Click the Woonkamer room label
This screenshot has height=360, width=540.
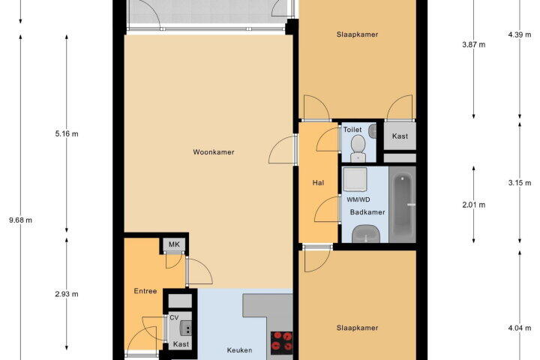point(214,152)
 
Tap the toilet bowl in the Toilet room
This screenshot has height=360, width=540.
point(358,148)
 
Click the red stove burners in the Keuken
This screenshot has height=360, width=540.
point(282,343)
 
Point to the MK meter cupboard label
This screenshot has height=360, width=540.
point(174,244)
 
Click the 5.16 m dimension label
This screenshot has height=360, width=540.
point(67,133)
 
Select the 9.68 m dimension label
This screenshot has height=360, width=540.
point(21,220)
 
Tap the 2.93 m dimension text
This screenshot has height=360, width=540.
point(67,294)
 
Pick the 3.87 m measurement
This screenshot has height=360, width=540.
point(474,44)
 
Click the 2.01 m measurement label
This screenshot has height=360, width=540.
point(474,205)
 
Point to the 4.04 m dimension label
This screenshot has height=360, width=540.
point(520,328)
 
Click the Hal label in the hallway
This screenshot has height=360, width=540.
point(318,183)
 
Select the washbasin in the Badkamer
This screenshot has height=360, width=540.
point(366,233)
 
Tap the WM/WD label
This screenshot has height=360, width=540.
point(358,199)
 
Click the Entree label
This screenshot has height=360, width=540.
point(145,291)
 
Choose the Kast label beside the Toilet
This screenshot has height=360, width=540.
point(400,136)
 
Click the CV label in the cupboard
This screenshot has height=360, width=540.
point(174,318)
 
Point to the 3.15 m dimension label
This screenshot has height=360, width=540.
point(520,182)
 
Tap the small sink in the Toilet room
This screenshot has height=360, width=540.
point(372,130)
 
